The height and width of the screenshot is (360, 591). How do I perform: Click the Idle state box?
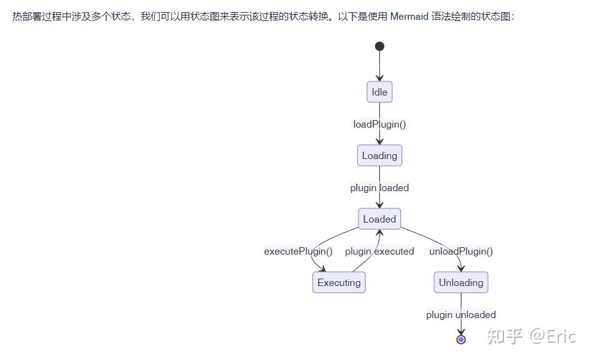(x=379, y=92)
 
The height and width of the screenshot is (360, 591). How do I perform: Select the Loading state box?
(x=379, y=155)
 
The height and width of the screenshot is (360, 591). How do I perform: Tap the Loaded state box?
(x=379, y=219)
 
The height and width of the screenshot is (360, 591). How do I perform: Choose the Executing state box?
(x=339, y=282)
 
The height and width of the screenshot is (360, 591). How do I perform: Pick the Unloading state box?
(x=461, y=282)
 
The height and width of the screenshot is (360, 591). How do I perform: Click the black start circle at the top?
(x=379, y=46)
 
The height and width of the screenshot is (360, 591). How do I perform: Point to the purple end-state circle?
(x=461, y=340)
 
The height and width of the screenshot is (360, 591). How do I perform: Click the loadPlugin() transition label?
(x=379, y=125)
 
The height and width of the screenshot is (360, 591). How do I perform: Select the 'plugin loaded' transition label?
(x=379, y=187)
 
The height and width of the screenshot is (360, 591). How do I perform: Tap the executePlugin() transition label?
(x=298, y=251)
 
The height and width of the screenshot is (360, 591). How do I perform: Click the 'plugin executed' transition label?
(x=379, y=251)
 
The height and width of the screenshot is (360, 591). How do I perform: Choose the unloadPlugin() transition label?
(x=461, y=251)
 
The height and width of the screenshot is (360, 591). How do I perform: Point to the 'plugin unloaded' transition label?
(x=461, y=315)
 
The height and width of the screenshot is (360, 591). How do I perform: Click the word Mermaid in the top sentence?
(x=410, y=17)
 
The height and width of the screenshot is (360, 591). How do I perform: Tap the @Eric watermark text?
(x=553, y=337)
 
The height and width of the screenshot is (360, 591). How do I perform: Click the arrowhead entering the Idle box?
(x=379, y=78)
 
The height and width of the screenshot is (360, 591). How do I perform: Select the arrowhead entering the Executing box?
(x=322, y=269)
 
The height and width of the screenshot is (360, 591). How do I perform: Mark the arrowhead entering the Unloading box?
(x=461, y=268)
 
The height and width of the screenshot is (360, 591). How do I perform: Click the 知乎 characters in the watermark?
(x=505, y=337)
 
